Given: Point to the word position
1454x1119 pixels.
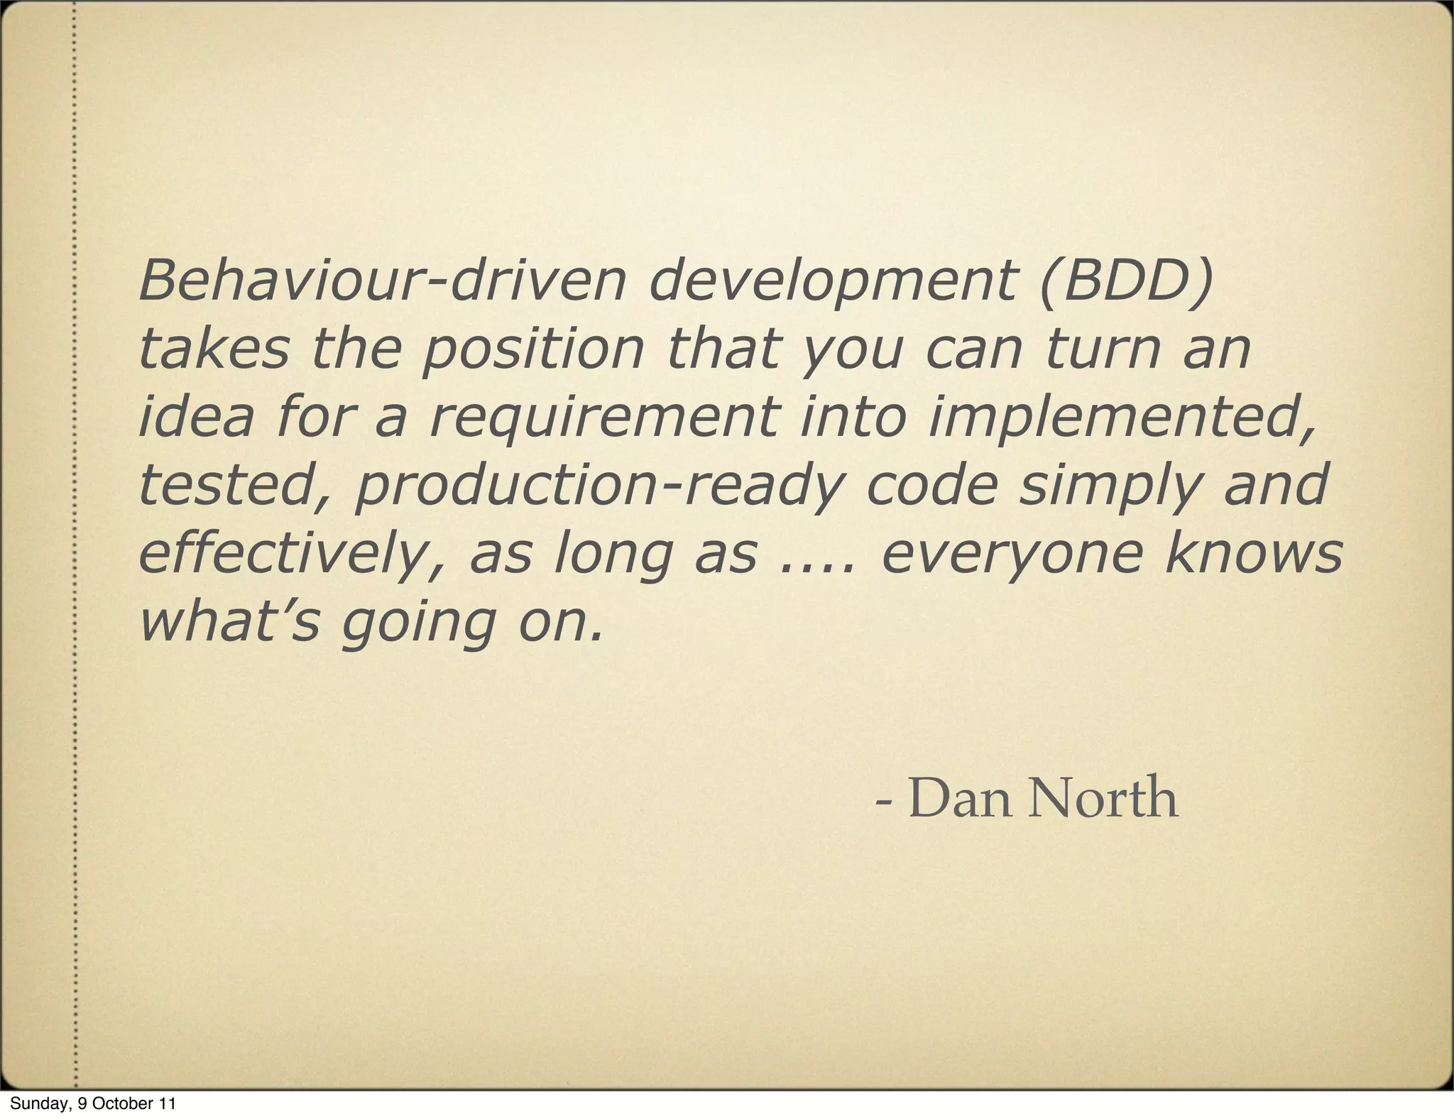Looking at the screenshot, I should coord(532,350).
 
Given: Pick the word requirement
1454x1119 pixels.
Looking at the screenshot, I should coord(604,418).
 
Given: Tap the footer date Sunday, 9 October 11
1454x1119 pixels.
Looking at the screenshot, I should coord(92,1103).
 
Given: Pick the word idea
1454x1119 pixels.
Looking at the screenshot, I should coord(195,417).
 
